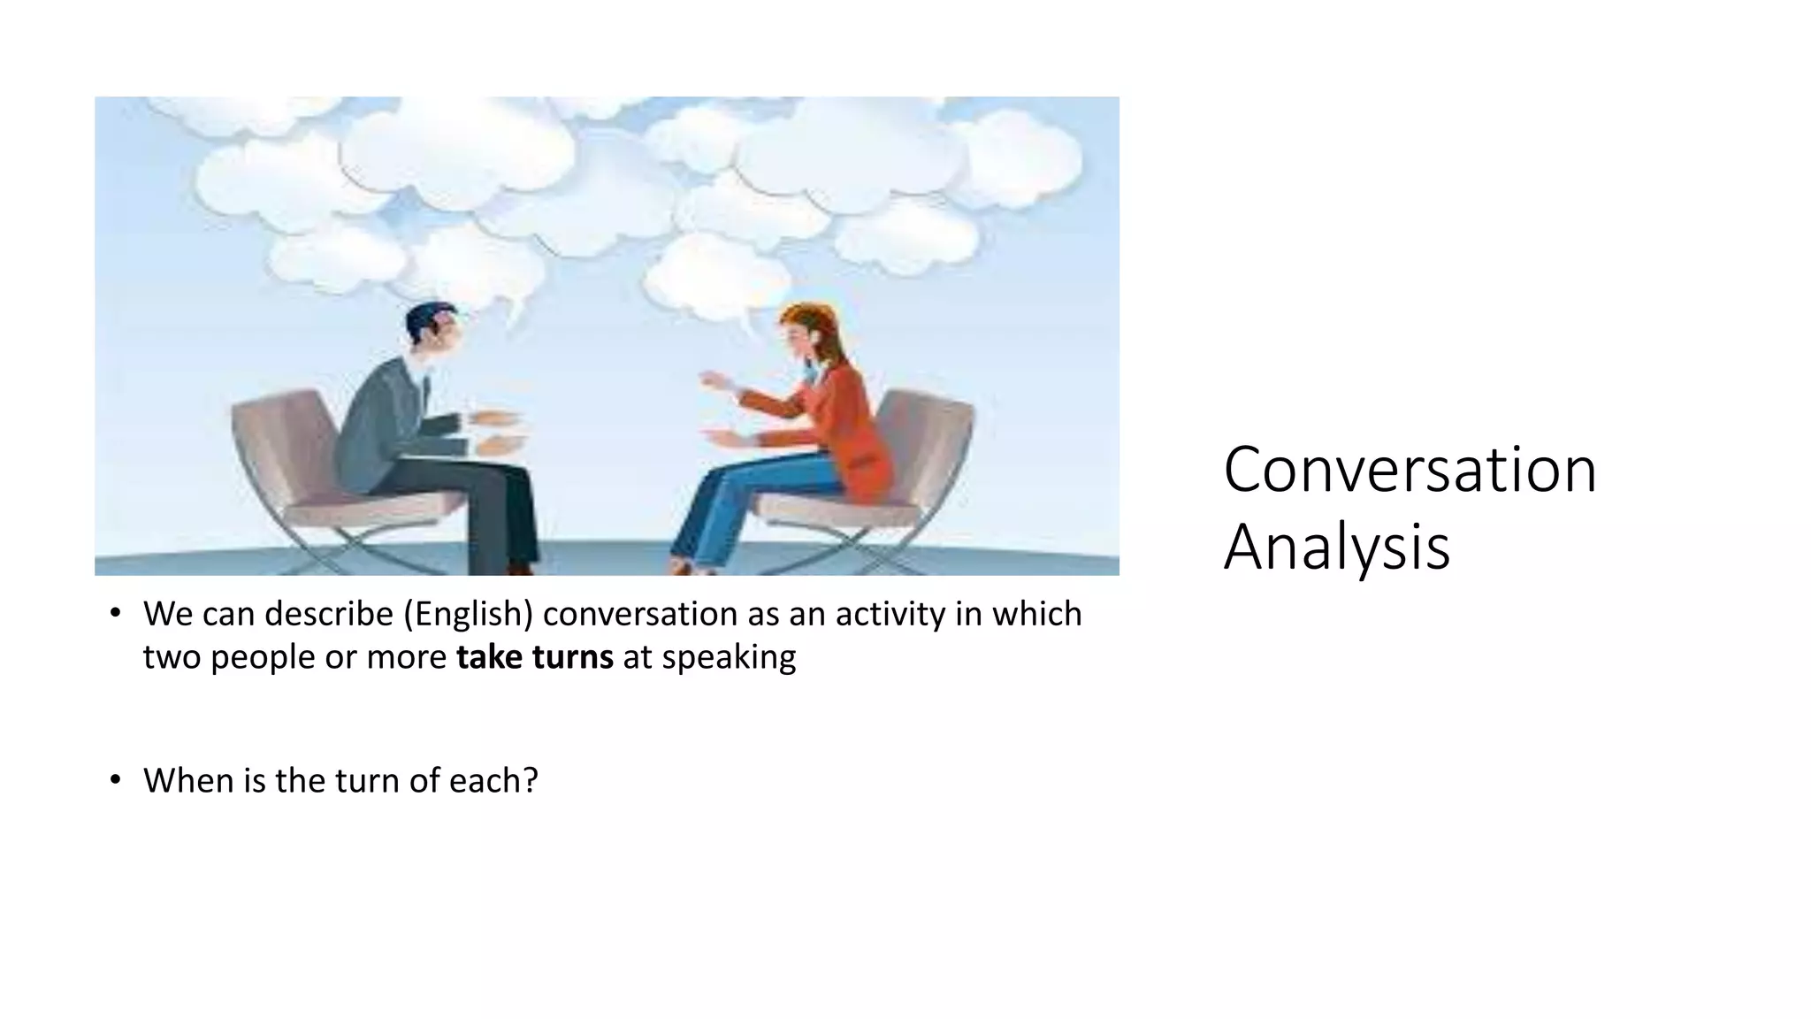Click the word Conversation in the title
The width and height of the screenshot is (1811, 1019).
(x=1410, y=470)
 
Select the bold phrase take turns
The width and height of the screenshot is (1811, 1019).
(x=534, y=657)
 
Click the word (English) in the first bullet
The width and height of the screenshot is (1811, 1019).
(x=468, y=614)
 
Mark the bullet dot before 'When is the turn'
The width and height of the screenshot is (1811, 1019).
(x=115, y=780)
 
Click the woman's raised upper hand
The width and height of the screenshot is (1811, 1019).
(x=713, y=380)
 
